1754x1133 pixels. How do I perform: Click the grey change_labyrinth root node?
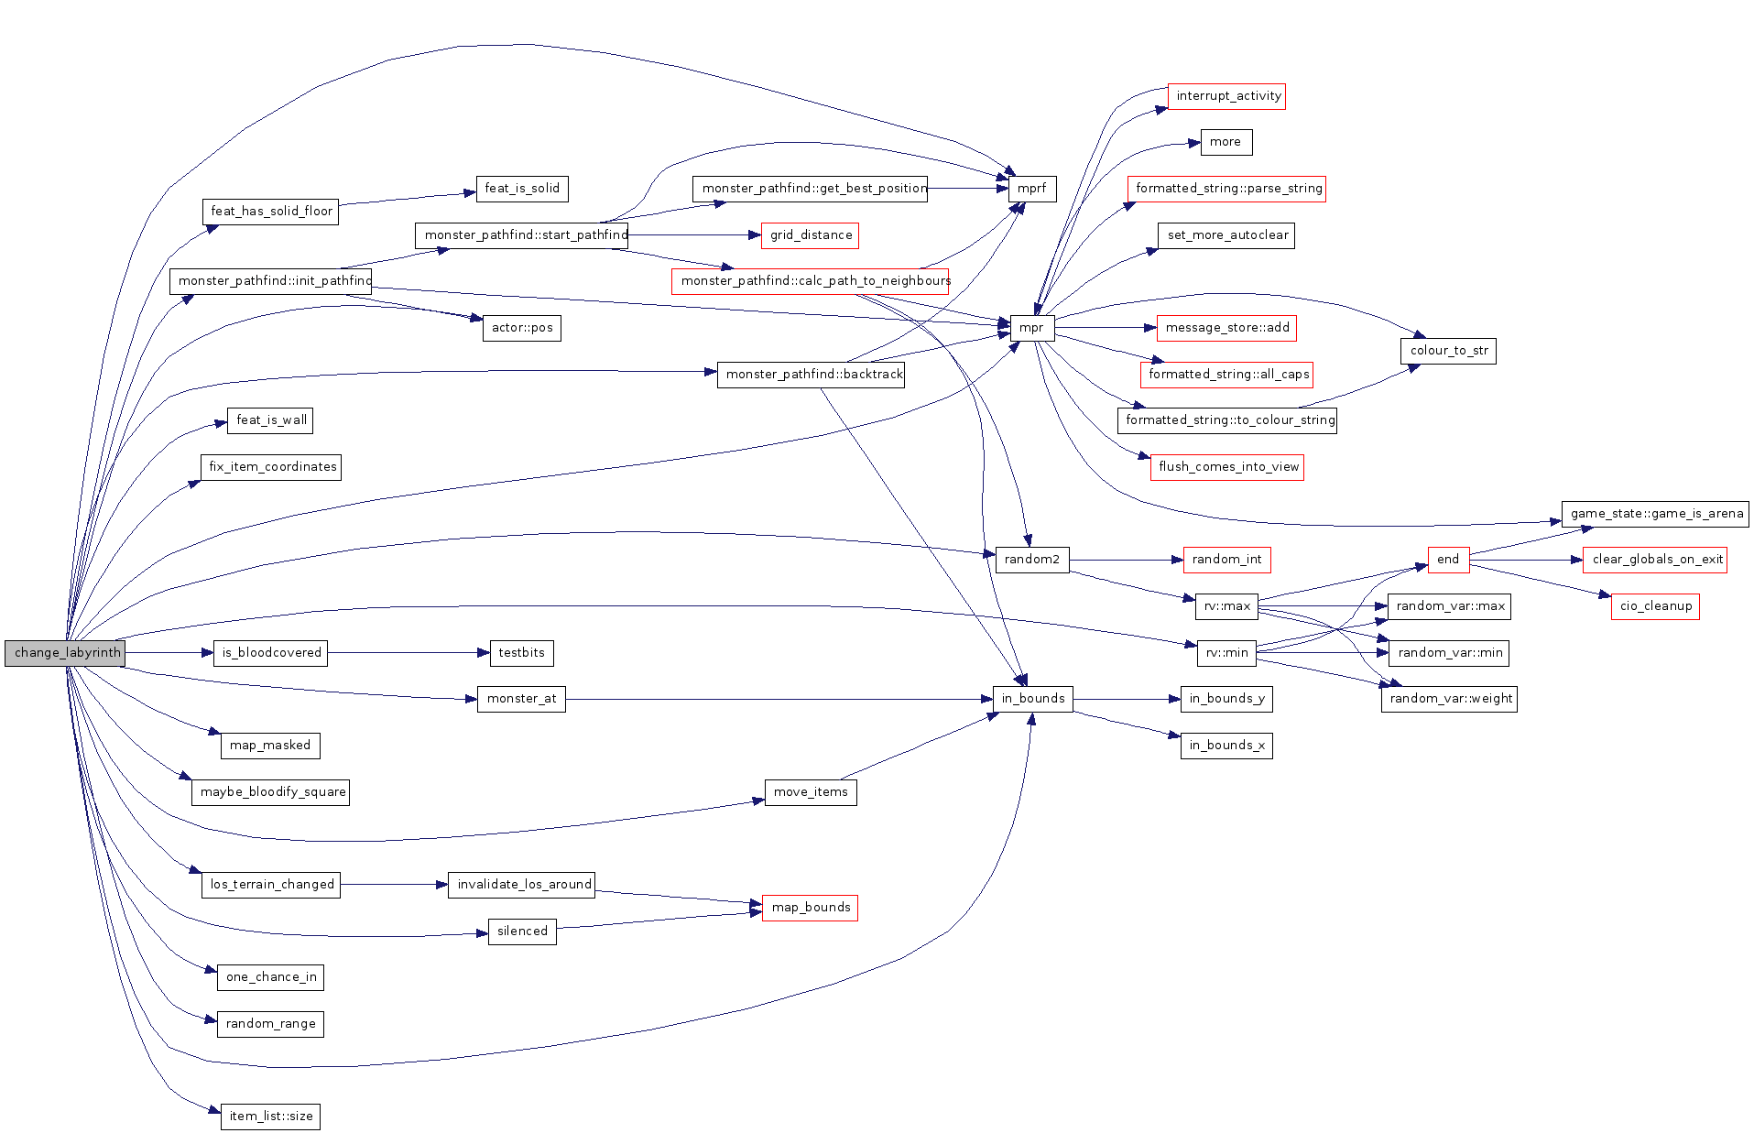pyautogui.click(x=64, y=653)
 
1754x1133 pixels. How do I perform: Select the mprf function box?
pyautogui.click(x=1031, y=189)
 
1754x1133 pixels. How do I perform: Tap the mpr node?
pyautogui.click(x=1031, y=328)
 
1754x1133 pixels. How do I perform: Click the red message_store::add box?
pyautogui.click(x=1226, y=328)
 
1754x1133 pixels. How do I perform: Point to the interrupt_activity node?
pyautogui.click(x=1227, y=96)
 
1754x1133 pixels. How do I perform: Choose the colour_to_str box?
pyautogui.click(x=1447, y=351)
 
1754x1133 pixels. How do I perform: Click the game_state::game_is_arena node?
pyautogui.click(x=1655, y=514)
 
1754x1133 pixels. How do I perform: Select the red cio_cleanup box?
pyautogui.click(x=1654, y=606)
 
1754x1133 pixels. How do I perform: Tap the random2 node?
pyautogui.click(x=1031, y=560)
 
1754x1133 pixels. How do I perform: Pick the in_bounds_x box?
pyautogui.click(x=1226, y=746)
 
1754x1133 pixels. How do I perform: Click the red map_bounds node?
pyautogui.click(x=810, y=908)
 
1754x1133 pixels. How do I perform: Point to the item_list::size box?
pyautogui.click(x=270, y=1117)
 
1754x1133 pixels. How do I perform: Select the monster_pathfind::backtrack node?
pyautogui.click(x=811, y=375)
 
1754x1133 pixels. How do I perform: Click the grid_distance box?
pyautogui.click(x=810, y=235)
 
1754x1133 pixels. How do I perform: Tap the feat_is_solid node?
pyautogui.click(x=521, y=189)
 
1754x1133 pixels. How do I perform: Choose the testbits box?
pyautogui.click(x=521, y=653)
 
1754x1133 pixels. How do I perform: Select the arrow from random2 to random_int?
pyautogui.click(x=1126, y=560)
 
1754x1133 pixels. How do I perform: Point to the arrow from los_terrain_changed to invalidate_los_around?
pyautogui.click(x=394, y=885)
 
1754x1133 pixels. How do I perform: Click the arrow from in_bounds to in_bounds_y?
pyautogui.click(x=1127, y=699)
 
